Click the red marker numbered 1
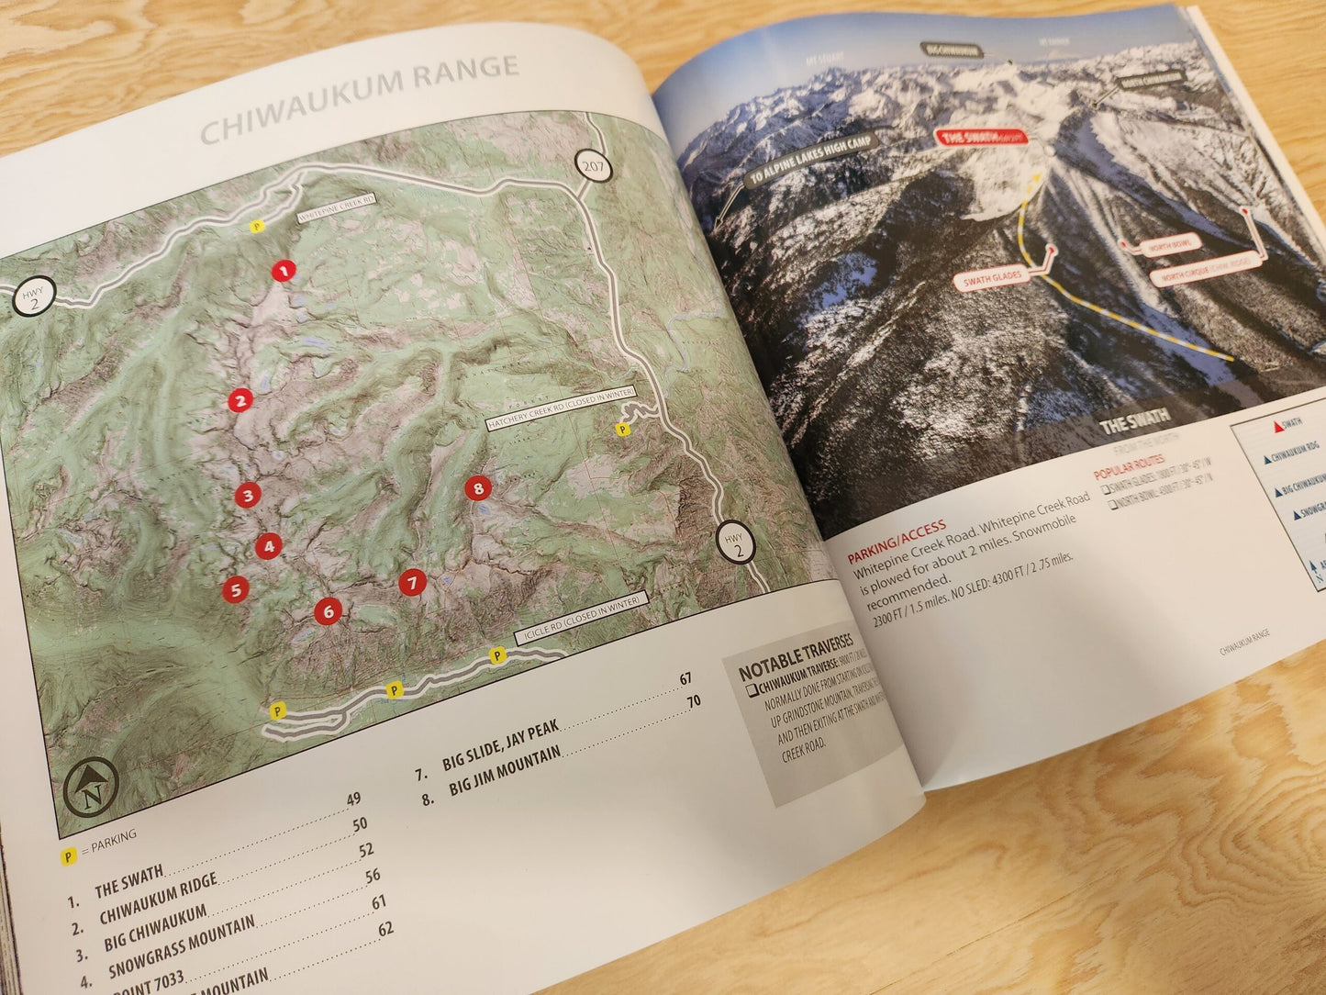point(284,271)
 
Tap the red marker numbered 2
point(240,400)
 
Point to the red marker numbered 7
point(412,582)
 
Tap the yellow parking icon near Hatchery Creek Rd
point(624,428)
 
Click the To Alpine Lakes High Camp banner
point(807,162)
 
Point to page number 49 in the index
point(353,799)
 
